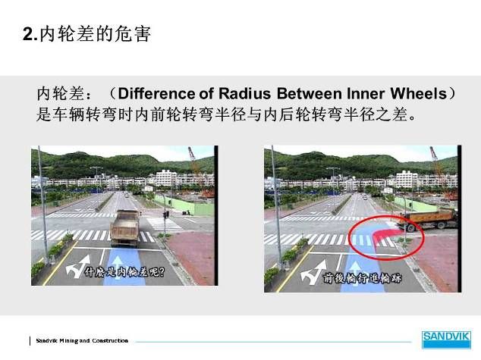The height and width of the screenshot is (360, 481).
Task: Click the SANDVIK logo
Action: [446, 340]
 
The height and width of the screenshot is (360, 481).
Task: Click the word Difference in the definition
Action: [156, 93]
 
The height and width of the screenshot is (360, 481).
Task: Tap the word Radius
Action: [244, 93]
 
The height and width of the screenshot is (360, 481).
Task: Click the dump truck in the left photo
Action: [125, 228]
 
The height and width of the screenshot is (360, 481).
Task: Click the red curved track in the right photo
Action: [383, 235]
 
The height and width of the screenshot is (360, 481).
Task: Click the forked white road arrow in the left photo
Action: [77, 266]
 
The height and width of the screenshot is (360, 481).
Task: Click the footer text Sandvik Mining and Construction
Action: [82, 341]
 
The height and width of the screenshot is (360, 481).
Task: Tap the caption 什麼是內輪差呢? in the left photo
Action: [125, 271]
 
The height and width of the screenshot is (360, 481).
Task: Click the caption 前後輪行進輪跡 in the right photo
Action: [362, 278]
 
